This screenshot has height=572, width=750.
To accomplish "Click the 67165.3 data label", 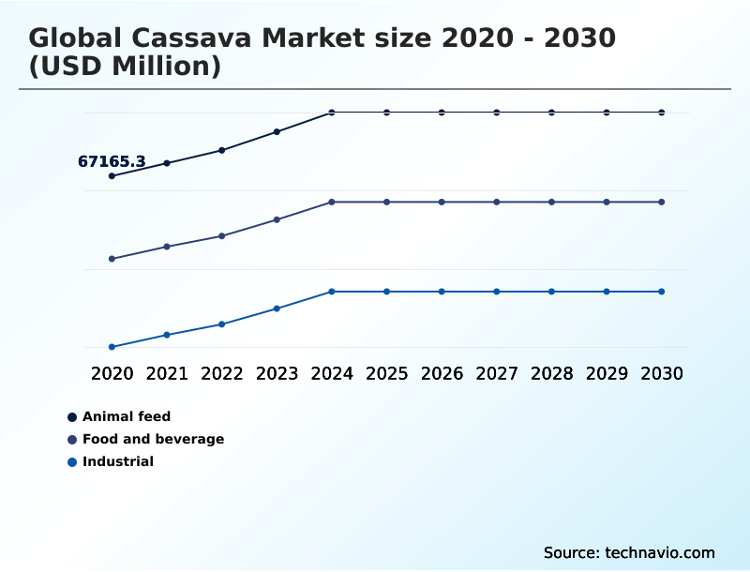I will click(x=112, y=162).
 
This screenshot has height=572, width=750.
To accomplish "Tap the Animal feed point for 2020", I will click(x=112, y=176).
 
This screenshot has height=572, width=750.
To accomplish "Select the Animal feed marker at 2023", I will click(x=277, y=132).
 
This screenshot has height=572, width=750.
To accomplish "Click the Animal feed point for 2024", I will click(x=332, y=113).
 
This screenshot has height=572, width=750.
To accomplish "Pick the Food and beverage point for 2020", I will click(x=112, y=259).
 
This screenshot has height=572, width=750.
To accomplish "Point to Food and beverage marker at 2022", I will click(x=222, y=236).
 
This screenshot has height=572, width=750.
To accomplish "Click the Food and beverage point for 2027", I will click(x=497, y=203).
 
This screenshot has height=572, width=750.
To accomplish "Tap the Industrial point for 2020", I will click(x=112, y=347).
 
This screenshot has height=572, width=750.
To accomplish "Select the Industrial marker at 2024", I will click(x=332, y=292).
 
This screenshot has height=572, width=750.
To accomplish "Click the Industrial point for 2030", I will click(x=661, y=292).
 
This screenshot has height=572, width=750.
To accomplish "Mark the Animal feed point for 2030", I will click(x=661, y=113).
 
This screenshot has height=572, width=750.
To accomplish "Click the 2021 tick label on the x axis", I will click(x=167, y=373).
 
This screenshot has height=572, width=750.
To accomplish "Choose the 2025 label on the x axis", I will click(x=386, y=373).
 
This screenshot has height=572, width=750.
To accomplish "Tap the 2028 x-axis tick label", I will click(x=551, y=373).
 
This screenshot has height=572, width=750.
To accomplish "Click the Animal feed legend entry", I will click(x=126, y=416).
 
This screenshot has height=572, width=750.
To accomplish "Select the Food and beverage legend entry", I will click(x=153, y=439).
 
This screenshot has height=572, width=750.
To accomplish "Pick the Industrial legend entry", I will click(x=117, y=461).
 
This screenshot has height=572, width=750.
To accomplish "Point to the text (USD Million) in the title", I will click(x=125, y=67).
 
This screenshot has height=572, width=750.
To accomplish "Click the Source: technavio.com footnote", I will click(x=629, y=552).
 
